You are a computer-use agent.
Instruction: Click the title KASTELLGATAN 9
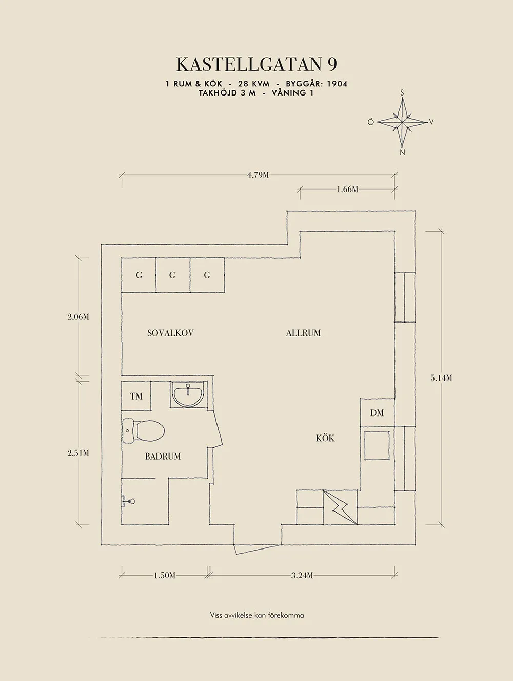(257, 65)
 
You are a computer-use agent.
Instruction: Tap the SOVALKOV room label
(170, 333)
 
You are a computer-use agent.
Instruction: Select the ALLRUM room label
(303, 333)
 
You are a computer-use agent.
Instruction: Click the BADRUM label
(163, 456)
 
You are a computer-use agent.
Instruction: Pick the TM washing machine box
(136, 396)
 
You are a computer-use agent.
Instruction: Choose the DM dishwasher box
(377, 412)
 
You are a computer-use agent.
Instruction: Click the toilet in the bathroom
(143, 430)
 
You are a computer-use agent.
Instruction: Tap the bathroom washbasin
(188, 394)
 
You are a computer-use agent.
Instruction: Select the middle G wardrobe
(173, 275)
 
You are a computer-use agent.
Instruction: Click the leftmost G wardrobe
(139, 275)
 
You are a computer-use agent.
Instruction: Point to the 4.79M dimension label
(258, 175)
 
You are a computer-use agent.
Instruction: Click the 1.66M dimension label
(348, 190)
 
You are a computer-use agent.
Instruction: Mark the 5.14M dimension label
(441, 378)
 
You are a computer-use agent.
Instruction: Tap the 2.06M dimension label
(78, 317)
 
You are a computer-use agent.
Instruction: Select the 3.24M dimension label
(302, 576)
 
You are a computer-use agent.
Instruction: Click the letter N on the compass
(402, 153)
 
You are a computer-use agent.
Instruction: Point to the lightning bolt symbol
(340, 508)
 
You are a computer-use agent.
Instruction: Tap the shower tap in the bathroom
(128, 501)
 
